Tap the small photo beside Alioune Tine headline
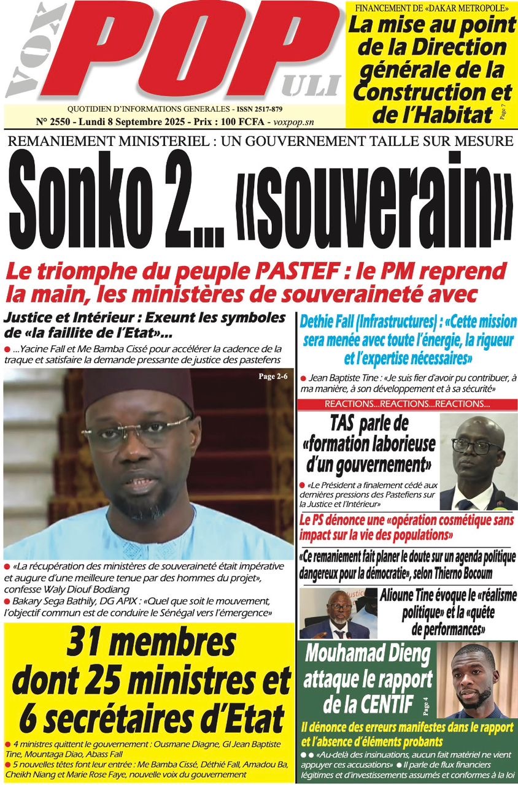[x=334, y=614]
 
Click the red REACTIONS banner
[x=407, y=404]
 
